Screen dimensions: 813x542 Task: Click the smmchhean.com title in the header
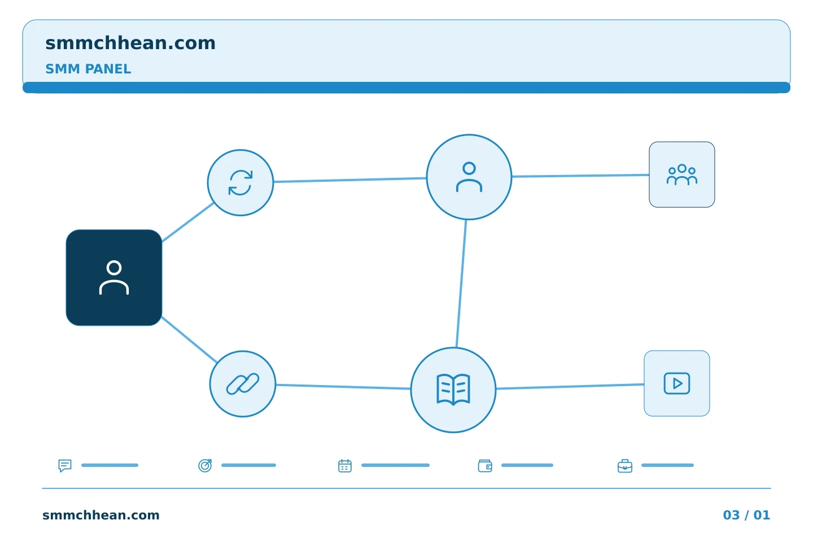point(130,43)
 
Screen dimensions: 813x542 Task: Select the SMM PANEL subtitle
point(88,69)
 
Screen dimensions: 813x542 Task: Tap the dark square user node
point(114,278)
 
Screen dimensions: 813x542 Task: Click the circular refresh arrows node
point(241,182)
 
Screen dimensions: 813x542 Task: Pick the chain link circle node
point(243,384)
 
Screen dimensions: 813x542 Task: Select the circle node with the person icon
point(469,177)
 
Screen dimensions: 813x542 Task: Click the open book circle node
point(453,390)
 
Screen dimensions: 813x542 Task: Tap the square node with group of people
point(682,174)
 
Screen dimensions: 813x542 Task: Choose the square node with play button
point(677,383)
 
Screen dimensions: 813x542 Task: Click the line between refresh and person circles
point(350,180)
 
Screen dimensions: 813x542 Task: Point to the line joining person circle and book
point(461,283)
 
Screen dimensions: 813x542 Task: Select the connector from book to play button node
point(570,386)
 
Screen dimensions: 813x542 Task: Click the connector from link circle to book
point(343,387)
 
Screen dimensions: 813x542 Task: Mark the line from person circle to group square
point(580,176)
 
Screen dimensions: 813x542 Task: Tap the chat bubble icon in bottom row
point(65,465)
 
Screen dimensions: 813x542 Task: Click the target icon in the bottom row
point(205,465)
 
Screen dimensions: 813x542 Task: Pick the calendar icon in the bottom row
point(345,465)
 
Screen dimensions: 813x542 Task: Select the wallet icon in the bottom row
point(485,466)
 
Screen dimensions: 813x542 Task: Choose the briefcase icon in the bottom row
point(625,466)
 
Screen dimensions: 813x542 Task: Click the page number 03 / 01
point(746,515)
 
